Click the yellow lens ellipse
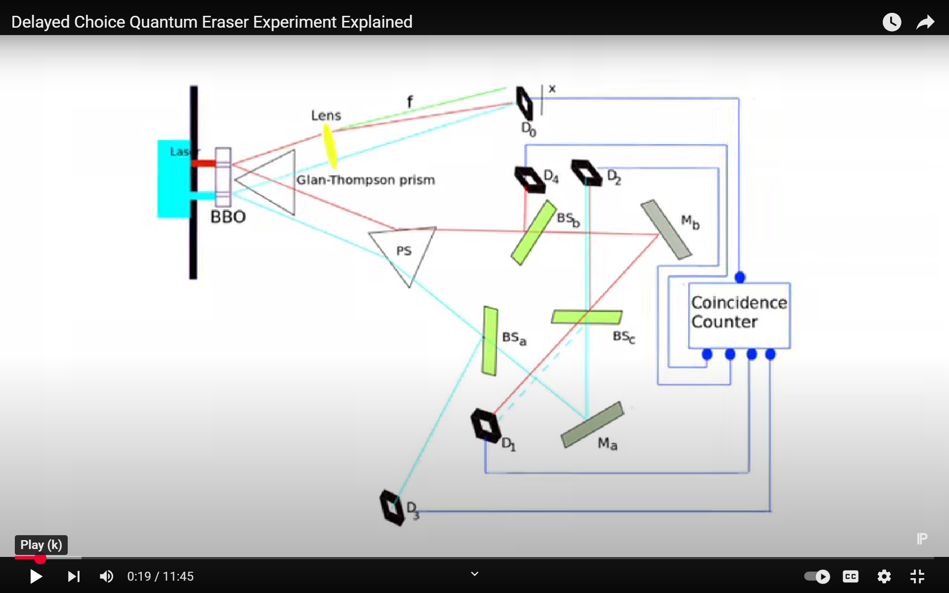pyautogui.click(x=330, y=146)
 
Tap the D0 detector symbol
pyautogui.click(x=524, y=103)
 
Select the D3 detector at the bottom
pyautogui.click(x=392, y=507)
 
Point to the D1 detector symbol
pyautogui.click(x=485, y=425)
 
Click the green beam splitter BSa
pyautogui.click(x=490, y=341)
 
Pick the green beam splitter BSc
pyautogui.click(x=587, y=317)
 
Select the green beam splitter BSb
pyautogui.click(x=534, y=232)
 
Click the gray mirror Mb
pyautogui.click(x=666, y=229)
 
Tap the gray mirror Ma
pyautogui.click(x=592, y=425)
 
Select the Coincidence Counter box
pyautogui.click(x=739, y=315)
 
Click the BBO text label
pyautogui.click(x=228, y=217)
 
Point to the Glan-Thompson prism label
pyautogui.click(x=365, y=180)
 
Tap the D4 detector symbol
pyautogui.click(x=530, y=179)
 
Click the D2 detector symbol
pyautogui.click(x=587, y=172)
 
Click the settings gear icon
pyautogui.click(x=884, y=576)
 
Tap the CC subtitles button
pyautogui.click(x=851, y=576)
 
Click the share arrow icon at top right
pyautogui.click(x=925, y=22)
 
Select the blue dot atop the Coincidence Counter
pyautogui.click(x=740, y=277)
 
